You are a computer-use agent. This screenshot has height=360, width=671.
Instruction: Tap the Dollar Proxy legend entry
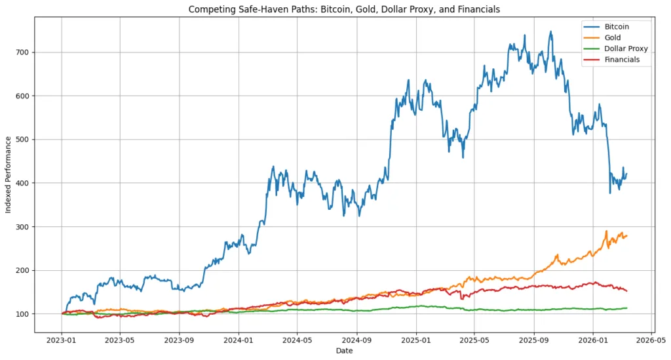point(626,49)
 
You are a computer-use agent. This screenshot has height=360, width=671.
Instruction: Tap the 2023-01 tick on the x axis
point(62,341)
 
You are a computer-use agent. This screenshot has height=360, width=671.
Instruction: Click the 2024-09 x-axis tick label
point(356,341)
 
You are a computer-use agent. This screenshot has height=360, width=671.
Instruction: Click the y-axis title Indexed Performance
point(9,174)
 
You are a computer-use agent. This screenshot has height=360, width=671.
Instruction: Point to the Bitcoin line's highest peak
point(550,31)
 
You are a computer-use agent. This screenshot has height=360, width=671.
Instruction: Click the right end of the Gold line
point(627,235)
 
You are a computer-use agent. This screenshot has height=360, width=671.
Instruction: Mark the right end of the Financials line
point(627,290)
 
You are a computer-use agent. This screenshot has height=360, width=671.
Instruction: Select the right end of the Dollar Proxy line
point(627,308)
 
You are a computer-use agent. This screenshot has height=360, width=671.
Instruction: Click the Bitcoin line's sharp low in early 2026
point(610,193)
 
